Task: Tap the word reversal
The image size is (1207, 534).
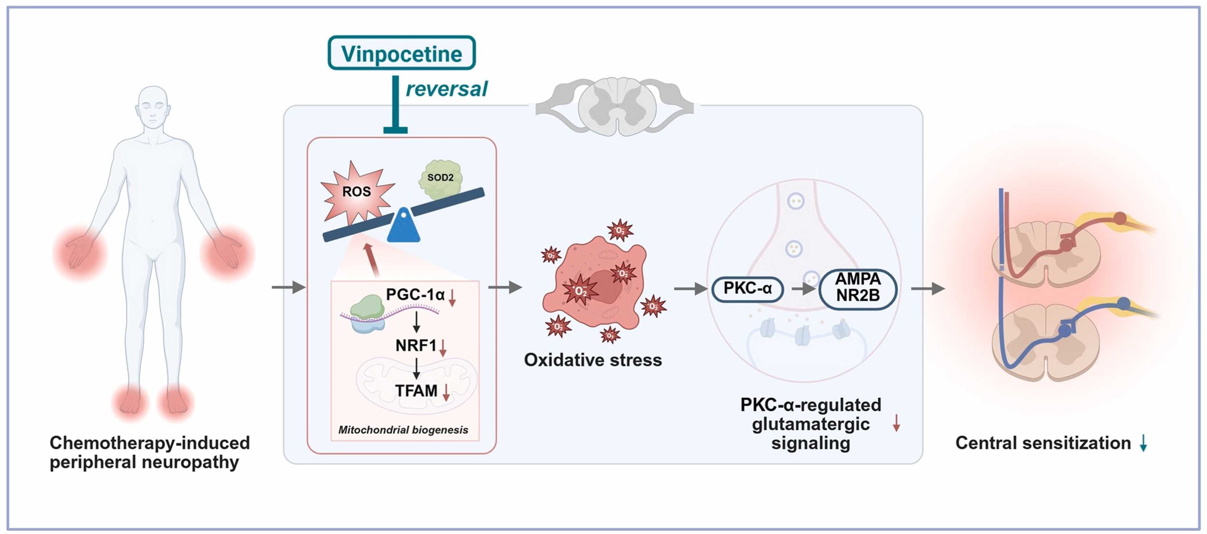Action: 446,88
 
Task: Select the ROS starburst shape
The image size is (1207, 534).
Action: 356,192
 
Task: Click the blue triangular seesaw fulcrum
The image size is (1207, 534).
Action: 403,226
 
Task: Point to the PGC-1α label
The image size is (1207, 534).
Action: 415,294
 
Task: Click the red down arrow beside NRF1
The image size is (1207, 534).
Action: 443,347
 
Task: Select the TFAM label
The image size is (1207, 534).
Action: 416,391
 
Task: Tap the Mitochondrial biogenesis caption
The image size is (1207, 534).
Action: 403,430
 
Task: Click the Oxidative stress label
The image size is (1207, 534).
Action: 593,359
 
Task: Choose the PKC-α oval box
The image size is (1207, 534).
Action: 747,288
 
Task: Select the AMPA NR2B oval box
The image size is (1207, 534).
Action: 858,288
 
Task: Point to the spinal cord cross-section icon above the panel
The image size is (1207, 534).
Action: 615,107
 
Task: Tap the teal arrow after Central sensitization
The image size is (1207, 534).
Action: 1143,442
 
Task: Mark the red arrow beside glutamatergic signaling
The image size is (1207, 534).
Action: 896,423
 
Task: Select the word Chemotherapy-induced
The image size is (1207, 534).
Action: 150,442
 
